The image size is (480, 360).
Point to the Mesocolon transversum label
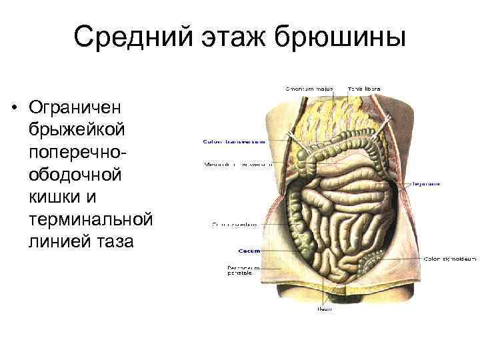(x=234, y=164)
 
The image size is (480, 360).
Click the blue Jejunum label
(x=426, y=183)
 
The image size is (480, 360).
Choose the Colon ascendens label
(x=234, y=225)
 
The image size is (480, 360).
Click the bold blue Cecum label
(x=249, y=251)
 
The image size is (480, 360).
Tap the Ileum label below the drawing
(x=324, y=309)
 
